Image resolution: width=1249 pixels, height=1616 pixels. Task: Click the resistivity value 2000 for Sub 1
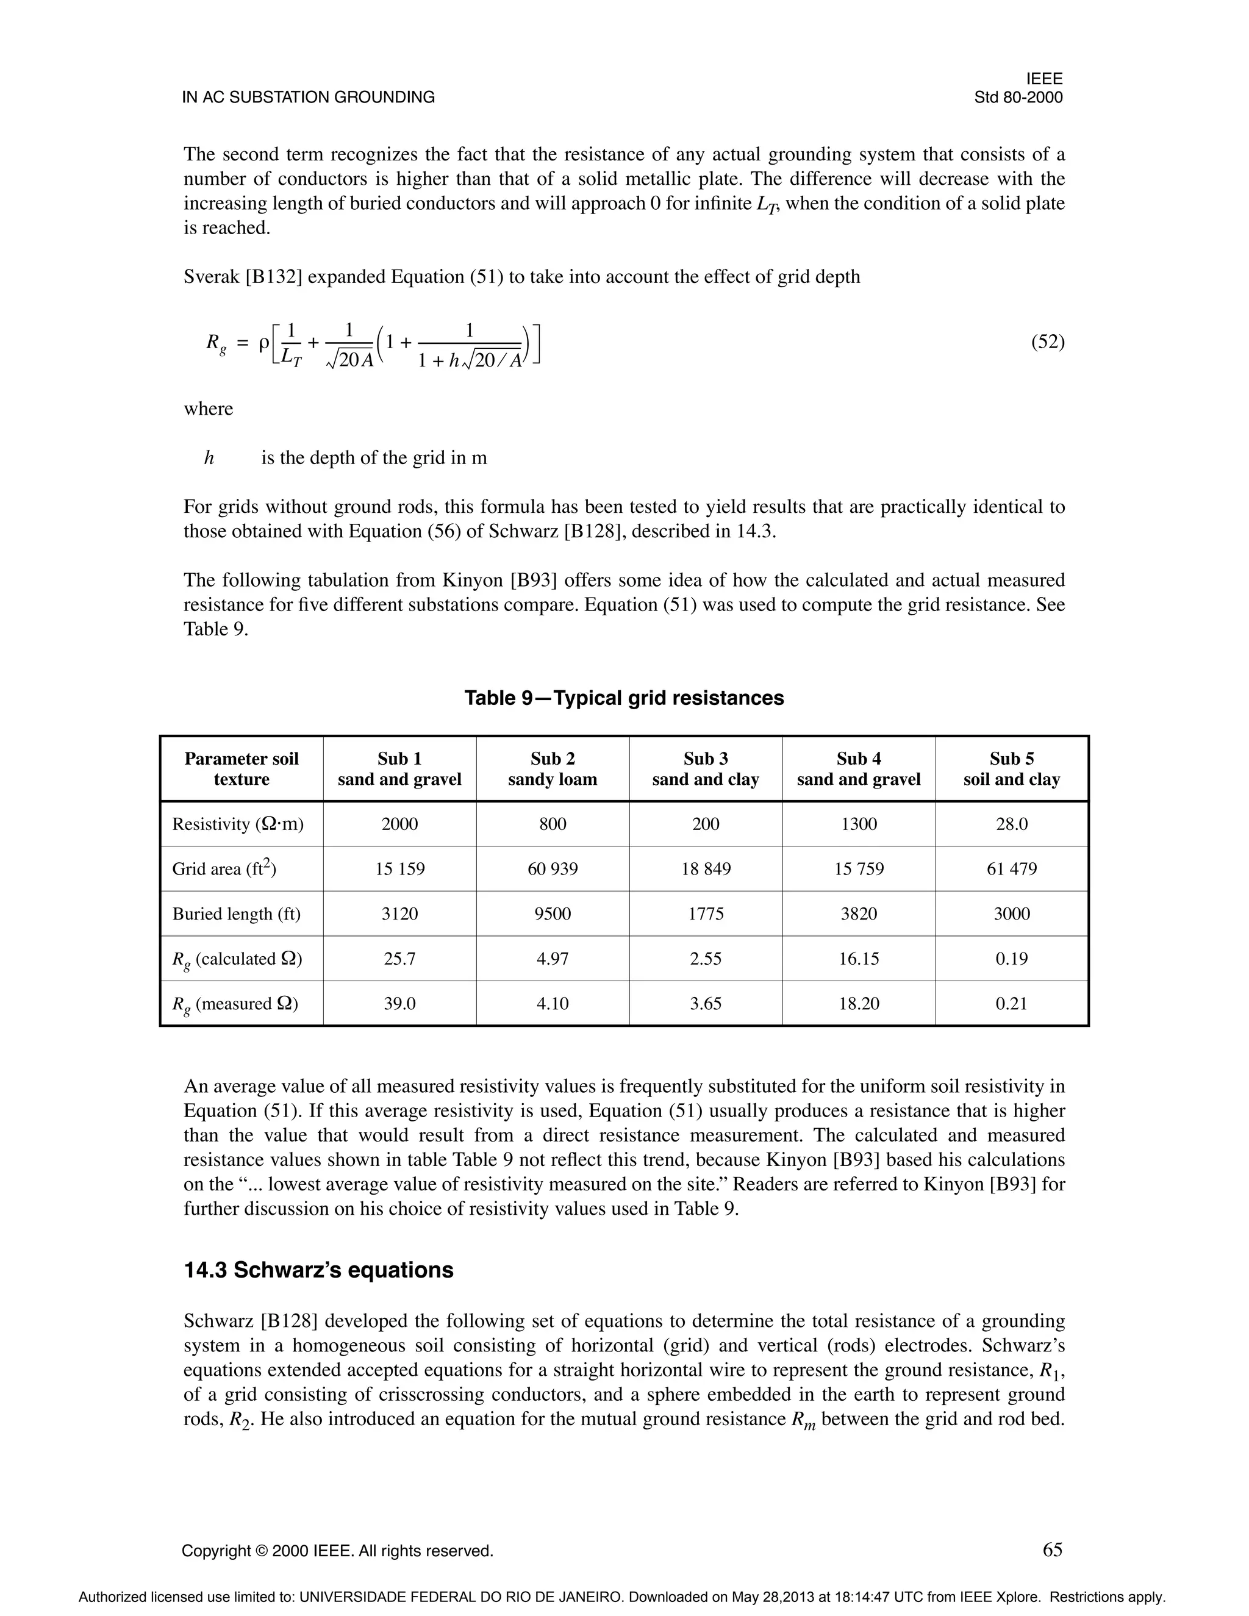click(x=399, y=824)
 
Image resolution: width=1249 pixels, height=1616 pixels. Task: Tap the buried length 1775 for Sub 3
click(x=705, y=914)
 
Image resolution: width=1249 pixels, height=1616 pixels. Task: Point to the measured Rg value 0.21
click(x=1012, y=1004)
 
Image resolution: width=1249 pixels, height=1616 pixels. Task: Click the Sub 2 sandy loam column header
click(x=553, y=769)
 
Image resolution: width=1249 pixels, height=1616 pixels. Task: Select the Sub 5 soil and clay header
click(x=1012, y=769)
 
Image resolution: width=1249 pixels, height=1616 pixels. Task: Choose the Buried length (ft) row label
click(x=237, y=914)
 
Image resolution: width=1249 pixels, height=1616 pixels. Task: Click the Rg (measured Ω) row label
click(x=237, y=1004)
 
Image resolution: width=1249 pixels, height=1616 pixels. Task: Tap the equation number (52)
click(x=1047, y=342)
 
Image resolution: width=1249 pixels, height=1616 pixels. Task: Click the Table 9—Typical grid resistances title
click(x=624, y=698)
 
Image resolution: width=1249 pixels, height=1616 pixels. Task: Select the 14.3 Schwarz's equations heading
click(x=318, y=1270)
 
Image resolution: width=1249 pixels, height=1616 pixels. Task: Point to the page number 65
click(x=1052, y=1550)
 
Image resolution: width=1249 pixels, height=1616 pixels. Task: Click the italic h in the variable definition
click(x=209, y=458)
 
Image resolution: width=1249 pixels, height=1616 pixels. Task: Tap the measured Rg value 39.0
click(x=399, y=1004)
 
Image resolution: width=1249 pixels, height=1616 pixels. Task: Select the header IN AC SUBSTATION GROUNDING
click(x=309, y=98)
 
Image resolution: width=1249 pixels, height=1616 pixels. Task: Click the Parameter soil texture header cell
click(x=242, y=769)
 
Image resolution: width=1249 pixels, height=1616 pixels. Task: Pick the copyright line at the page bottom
click(x=337, y=1551)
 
